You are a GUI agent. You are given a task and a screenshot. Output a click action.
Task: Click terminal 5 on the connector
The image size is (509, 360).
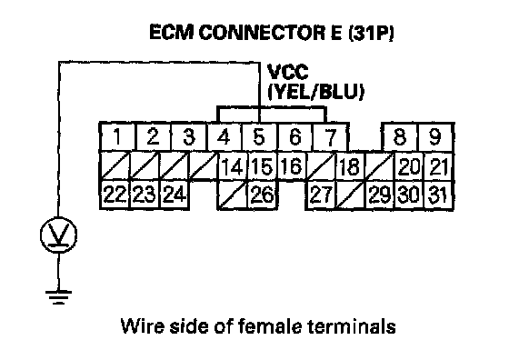tap(259, 137)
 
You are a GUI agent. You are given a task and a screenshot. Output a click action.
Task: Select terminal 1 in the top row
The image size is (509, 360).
tap(117, 137)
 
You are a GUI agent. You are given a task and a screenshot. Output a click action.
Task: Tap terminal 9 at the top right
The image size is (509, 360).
tap(435, 137)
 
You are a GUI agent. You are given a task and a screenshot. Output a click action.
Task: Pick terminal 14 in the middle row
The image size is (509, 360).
tap(232, 167)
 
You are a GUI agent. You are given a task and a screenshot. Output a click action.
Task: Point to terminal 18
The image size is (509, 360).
tap(350, 167)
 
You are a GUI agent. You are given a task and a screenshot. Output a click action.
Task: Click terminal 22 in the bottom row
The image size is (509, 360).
tap(115, 195)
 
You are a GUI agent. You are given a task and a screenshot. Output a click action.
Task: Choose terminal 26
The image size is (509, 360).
tap(262, 195)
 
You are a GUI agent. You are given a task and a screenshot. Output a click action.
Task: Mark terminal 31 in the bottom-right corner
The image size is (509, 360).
tap(438, 195)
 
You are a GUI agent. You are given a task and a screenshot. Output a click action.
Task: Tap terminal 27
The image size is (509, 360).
tap(320, 195)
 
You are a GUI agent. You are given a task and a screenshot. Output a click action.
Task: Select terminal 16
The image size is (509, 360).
tap(291, 165)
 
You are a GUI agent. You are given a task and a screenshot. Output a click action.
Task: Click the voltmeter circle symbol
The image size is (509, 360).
tap(59, 235)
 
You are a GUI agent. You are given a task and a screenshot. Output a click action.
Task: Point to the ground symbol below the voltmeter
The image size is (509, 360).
tap(58, 297)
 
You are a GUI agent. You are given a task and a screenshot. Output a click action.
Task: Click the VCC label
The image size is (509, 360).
tap(287, 72)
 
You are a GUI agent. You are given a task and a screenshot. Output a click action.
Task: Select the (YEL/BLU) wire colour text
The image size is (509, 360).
tap(315, 92)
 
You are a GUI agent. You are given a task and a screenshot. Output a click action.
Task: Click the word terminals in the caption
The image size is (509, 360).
tap(352, 325)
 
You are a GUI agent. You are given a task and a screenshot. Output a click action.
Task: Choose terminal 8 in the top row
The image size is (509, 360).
tap(400, 137)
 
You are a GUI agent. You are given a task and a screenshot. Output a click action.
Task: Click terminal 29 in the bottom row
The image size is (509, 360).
tap(379, 195)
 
